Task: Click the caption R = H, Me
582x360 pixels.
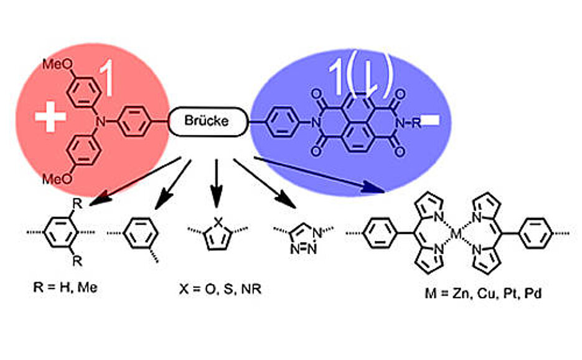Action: (62, 288)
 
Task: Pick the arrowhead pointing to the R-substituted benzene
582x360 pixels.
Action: (96, 201)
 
